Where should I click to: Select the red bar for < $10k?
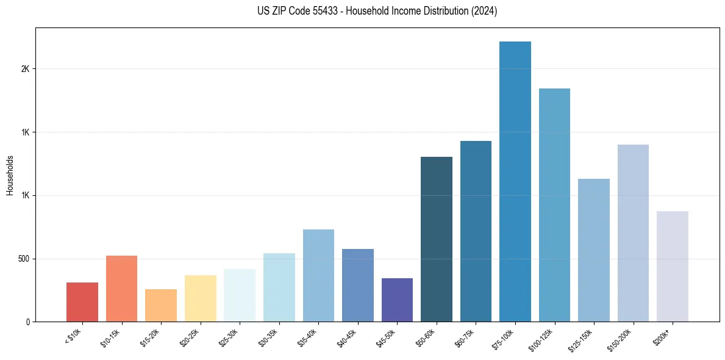click(82, 302)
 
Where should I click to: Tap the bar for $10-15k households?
click(121, 289)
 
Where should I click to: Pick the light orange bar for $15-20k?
click(161, 305)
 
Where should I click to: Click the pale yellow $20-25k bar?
click(200, 298)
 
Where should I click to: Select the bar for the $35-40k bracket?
click(318, 275)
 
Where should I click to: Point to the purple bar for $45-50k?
click(397, 300)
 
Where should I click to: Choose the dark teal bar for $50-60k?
click(437, 239)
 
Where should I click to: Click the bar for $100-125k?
click(554, 205)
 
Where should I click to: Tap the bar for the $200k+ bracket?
click(672, 266)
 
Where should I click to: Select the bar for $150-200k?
click(633, 233)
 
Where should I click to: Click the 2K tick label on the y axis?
click(26, 69)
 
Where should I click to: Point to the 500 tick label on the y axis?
click(24, 259)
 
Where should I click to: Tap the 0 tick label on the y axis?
click(28, 322)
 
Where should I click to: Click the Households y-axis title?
click(10, 175)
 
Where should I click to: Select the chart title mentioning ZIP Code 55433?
click(377, 11)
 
